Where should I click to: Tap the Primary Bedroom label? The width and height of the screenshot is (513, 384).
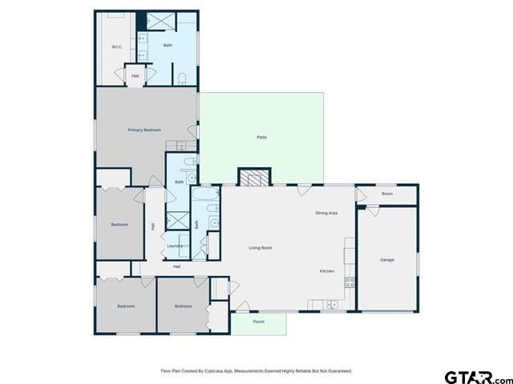(x=144, y=130)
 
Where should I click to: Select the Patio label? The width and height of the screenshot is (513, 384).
(x=261, y=138)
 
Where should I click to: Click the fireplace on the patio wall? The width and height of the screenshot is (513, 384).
(x=256, y=178)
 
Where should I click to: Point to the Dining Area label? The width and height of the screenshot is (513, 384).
(x=325, y=213)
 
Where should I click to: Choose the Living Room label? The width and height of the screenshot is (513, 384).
(x=261, y=248)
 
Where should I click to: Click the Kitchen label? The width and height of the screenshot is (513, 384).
(x=327, y=271)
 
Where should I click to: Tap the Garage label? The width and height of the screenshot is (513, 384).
(x=386, y=260)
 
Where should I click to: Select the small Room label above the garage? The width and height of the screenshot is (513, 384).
(x=386, y=194)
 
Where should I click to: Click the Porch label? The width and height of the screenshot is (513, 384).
(x=259, y=322)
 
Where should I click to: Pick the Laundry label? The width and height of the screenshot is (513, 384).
(x=175, y=246)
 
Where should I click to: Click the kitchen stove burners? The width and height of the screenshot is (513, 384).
(x=349, y=282)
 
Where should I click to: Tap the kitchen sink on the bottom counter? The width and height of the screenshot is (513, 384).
(x=330, y=304)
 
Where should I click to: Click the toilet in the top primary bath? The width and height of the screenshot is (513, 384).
(x=183, y=78)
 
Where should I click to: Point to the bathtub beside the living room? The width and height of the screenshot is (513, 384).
(x=205, y=194)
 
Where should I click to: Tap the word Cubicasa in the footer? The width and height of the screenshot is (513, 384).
(x=215, y=371)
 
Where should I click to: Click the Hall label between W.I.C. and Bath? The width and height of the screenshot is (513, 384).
(x=135, y=76)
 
